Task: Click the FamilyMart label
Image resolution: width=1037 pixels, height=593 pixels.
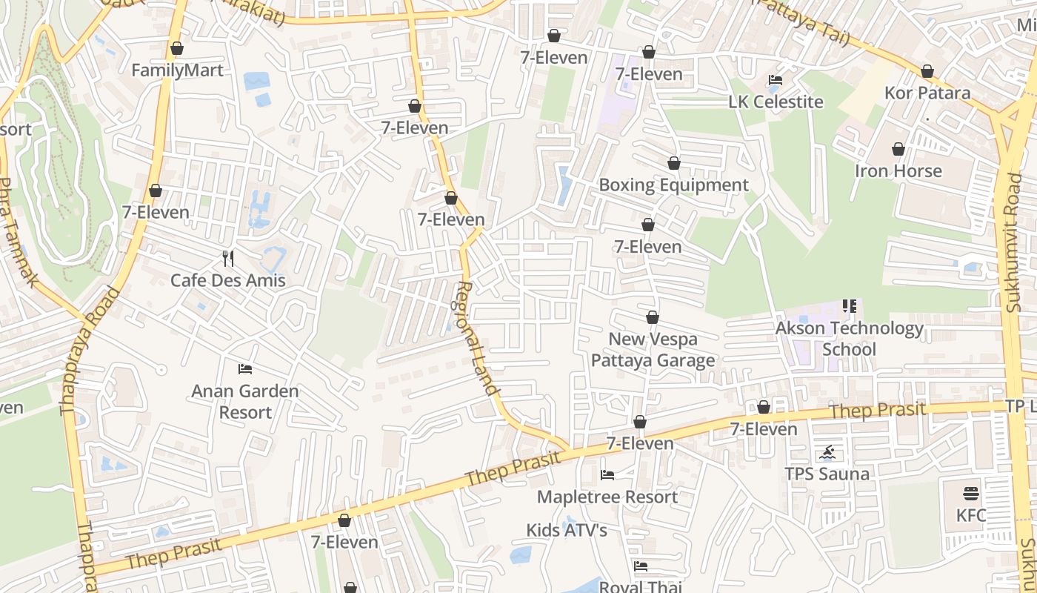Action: pyautogui.click(x=177, y=70)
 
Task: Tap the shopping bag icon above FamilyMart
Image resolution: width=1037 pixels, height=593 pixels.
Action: pyautogui.click(x=177, y=49)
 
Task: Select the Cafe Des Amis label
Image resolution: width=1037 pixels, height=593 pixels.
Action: pyautogui.click(x=228, y=280)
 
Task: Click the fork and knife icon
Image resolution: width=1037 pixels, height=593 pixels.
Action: pyautogui.click(x=228, y=259)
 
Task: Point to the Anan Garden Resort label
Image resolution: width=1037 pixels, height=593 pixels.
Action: pyautogui.click(x=245, y=401)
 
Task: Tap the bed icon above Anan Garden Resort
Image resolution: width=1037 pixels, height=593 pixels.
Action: pyautogui.click(x=245, y=368)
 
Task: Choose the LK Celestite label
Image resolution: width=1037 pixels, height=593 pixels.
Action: pyautogui.click(x=776, y=102)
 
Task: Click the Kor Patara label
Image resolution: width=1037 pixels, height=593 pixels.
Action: pyautogui.click(x=927, y=93)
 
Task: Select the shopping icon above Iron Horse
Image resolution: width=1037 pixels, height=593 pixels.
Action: pyautogui.click(x=898, y=149)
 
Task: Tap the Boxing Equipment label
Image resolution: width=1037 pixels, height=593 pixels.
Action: pyautogui.click(x=673, y=185)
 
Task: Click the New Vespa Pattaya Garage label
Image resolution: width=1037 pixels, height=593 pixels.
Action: pyautogui.click(x=653, y=350)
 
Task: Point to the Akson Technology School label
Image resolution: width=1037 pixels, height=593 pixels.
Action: pyautogui.click(x=850, y=338)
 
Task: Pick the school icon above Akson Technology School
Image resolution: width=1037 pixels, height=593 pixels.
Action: pyautogui.click(x=850, y=305)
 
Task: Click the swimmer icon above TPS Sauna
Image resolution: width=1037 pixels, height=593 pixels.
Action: pyautogui.click(x=827, y=452)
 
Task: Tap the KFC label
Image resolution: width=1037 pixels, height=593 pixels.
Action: pyautogui.click(x=971, y=515)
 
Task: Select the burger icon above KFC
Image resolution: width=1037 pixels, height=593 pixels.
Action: pyautogui.click(x=971, y=494)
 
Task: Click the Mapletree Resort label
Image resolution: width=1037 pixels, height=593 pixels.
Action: pyautogui.click(x=607, y=497)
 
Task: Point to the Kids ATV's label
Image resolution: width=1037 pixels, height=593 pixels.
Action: pyautogui.click(x=567, y=530)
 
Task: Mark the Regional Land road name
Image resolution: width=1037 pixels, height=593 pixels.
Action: pyautogui.click(x=477, y=338)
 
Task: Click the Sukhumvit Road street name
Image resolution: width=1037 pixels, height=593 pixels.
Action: pyautogui.click(x=1013, y=230)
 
